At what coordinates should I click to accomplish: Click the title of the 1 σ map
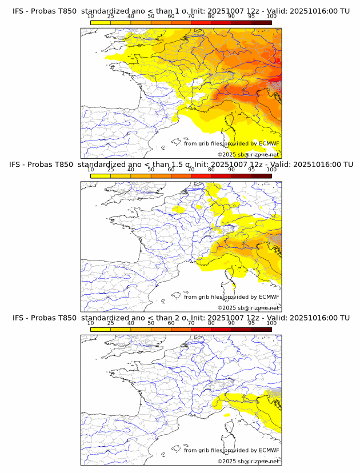(181, 11)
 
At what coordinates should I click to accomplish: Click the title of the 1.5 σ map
(181, 165)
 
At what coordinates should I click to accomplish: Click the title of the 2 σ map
(181, 318)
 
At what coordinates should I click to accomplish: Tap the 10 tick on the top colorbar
(91, 17)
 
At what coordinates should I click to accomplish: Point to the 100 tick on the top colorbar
(271, 17)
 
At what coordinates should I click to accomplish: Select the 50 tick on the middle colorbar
(151, 170)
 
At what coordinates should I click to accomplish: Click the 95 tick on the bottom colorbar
(251, 323)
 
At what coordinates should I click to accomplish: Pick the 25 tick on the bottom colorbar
(111, 323)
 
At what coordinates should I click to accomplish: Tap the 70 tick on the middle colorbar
(191, 170)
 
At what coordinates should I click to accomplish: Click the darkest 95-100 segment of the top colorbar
(261, 22)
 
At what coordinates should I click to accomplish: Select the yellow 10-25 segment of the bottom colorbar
(101, 329)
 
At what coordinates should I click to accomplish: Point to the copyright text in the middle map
(248, 308)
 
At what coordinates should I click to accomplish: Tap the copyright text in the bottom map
(248, 461)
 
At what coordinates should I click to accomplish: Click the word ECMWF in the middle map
(269, 297)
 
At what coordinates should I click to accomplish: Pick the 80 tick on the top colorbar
(211, 17)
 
